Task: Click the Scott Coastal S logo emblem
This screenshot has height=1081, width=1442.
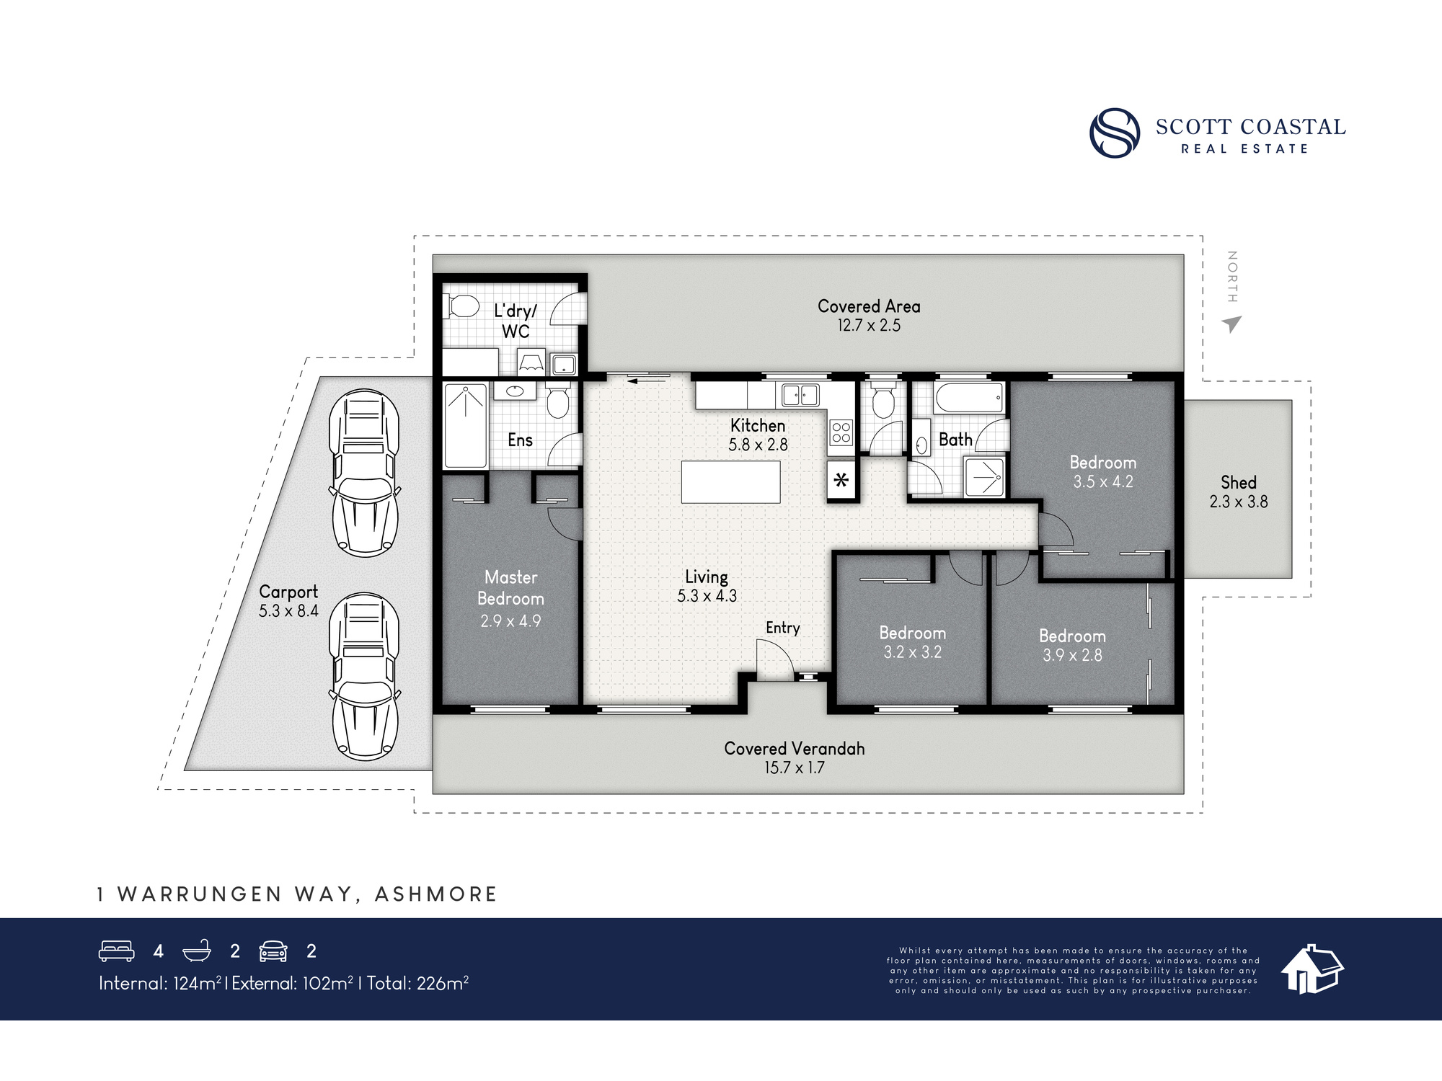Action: coord(1115,133)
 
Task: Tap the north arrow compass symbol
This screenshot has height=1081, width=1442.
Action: coord(1232,324)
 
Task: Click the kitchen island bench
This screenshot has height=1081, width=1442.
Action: coord(730,481)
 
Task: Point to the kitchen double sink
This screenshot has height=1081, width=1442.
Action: coord(800,395)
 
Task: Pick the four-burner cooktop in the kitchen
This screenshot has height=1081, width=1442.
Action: coord(841,432)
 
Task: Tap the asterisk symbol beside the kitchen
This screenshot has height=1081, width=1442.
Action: coord(841,480)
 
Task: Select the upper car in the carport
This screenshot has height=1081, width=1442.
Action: coord(364,473)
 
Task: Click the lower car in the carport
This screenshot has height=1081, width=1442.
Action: coord(364,677)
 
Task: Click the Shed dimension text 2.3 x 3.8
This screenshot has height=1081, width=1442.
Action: coord(1238,502)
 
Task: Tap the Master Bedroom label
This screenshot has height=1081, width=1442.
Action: coord(510,588)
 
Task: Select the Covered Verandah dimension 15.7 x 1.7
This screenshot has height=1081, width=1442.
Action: coord(794,768)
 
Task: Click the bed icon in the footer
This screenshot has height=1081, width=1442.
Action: coord(116,951)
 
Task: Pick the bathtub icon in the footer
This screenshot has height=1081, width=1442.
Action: coord(197,951)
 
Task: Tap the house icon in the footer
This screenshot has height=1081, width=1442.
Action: coord(1311,969)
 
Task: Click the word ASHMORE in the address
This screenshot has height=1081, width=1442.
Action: coord(436,894)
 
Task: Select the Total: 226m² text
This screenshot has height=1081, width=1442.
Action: coord(417,983)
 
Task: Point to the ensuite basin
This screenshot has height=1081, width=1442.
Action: coord(515,391)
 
